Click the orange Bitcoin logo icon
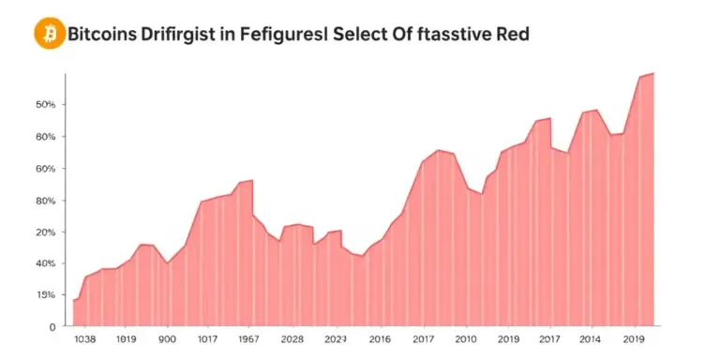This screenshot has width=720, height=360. coord(48,35)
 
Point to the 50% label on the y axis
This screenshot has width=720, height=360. coord(46,104)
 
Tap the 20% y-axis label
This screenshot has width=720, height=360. coord(46,232)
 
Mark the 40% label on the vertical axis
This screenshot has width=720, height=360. coord(46,263)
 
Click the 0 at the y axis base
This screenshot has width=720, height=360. coord(52,326)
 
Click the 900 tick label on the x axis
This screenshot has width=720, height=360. coord(167,339)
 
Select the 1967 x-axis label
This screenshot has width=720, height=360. coord(249,339)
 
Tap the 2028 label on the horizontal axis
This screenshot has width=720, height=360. coord(292,339)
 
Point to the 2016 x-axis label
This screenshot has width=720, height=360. coord(380,339)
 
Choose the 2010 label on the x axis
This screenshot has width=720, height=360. coord(465,339)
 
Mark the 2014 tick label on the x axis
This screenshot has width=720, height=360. coord(591,339)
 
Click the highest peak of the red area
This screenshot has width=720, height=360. coord(652,73)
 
